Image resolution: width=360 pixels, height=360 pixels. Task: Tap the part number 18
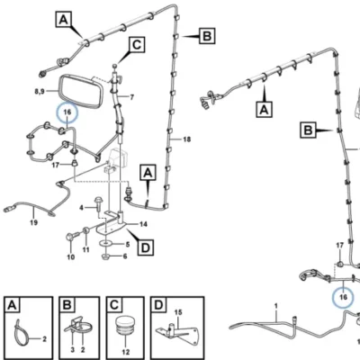coord(186,139)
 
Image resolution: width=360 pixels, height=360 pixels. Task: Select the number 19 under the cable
coord(33,222)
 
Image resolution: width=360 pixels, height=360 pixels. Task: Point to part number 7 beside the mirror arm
coord(131,97)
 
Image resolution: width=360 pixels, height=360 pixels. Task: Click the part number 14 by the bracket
coord(143,224)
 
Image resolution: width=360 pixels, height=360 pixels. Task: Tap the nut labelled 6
coord(105,256)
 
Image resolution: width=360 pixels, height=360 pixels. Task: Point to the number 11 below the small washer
coord(86,250)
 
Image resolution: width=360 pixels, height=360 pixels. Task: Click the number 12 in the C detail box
coord(126,352)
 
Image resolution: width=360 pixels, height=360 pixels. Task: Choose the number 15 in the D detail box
coord(178,312)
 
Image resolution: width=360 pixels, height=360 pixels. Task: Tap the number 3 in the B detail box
coord(73,350)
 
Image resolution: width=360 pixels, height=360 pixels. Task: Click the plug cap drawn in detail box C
coord(125,327)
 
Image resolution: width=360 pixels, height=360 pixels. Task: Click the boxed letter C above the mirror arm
coord(137,45)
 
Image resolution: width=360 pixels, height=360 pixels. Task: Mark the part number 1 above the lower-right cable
coord(276,307)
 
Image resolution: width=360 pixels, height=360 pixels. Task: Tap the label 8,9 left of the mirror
coord(40,91)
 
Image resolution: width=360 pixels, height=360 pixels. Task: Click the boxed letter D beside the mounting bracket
coord(146,247)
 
